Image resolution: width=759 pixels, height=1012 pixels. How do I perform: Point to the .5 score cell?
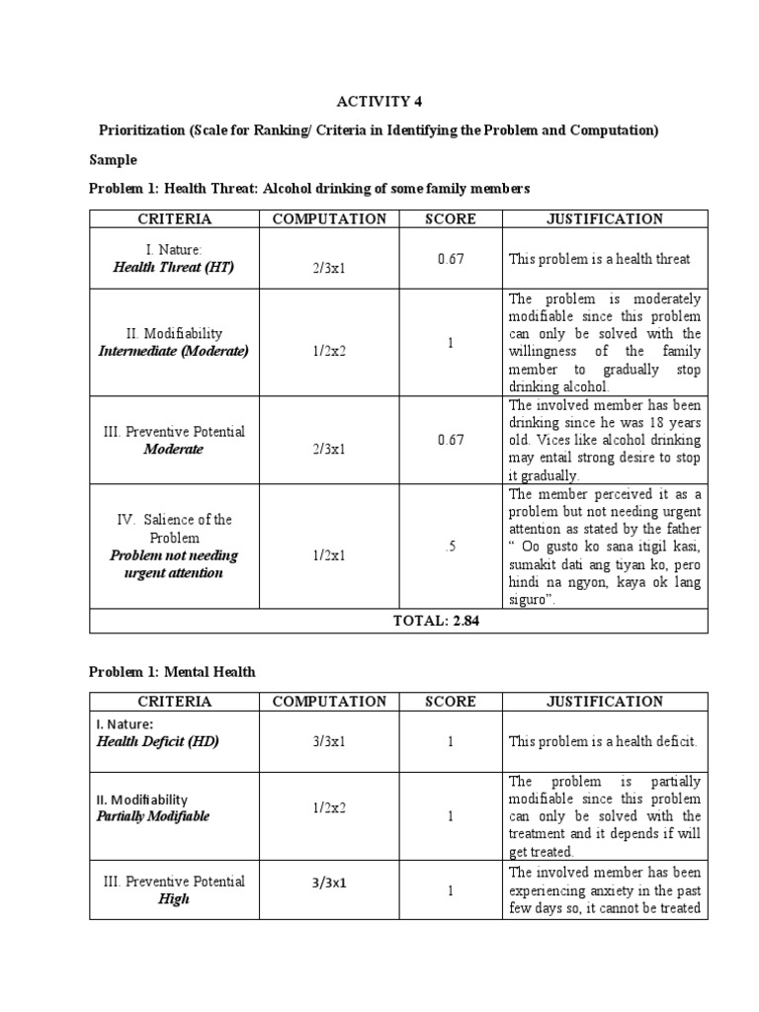[x=450, y=547]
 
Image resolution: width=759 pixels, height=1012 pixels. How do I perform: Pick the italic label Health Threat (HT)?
[x=173, y=268]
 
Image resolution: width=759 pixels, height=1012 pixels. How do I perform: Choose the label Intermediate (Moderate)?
[x=173, y=351]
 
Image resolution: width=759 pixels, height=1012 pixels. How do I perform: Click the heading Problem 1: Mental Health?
[x=172, y=671]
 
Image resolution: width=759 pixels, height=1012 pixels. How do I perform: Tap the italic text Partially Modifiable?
[x=152, y=816]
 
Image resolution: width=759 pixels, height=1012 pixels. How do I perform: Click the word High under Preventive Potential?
[x=173, y=899]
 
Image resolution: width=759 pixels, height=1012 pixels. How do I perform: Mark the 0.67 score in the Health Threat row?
[x=450, y=258]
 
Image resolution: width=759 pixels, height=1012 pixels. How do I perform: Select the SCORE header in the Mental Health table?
[x=450, y=702]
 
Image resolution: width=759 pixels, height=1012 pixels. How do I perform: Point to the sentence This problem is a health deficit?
[x=603, y=740]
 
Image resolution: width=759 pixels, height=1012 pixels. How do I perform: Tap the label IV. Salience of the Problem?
[x=173, y=529]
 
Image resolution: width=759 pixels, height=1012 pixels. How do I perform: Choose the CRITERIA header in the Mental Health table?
[x=173, y=702]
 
